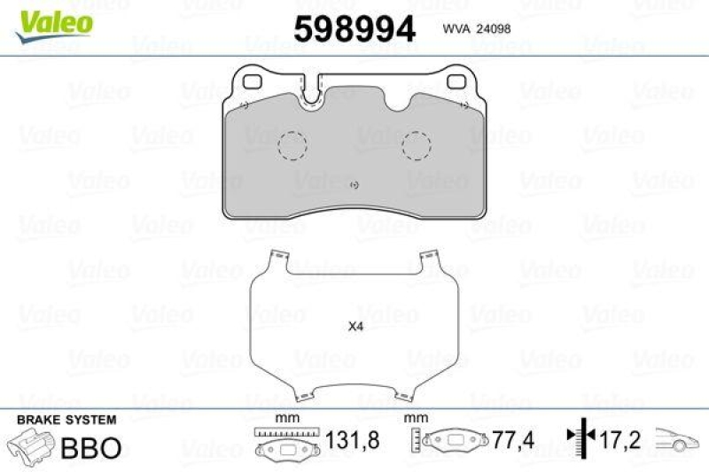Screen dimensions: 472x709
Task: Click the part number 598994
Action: pyautogui.click(x=354, y=29)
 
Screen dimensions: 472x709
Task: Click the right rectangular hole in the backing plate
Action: pyautogui.click(x=456, y=82)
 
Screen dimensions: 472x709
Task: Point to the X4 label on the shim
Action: pyautogui.click(x=355, y=327)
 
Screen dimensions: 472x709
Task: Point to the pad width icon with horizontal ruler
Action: pyautogui.click(x=285, y=442)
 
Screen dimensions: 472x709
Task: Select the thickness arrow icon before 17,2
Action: pyautogui.click(x=579, y=437)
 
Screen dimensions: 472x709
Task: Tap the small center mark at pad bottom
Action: pyautogui.click(x=354, y=185)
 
